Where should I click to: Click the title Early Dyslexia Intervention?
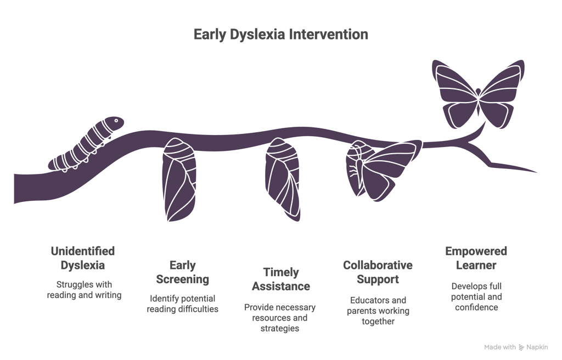click(280, 35)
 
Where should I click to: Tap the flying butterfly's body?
click(479, 97)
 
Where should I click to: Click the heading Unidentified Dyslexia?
click(83, 258)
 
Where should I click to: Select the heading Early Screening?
click(182, 273)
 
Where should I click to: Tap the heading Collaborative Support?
click(378, 272)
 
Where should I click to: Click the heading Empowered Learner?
click(476, 258)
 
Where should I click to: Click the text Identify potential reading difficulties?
click(182, 303)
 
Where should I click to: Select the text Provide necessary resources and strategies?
click(280, 318)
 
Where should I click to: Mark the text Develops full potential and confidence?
click(476, 297)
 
